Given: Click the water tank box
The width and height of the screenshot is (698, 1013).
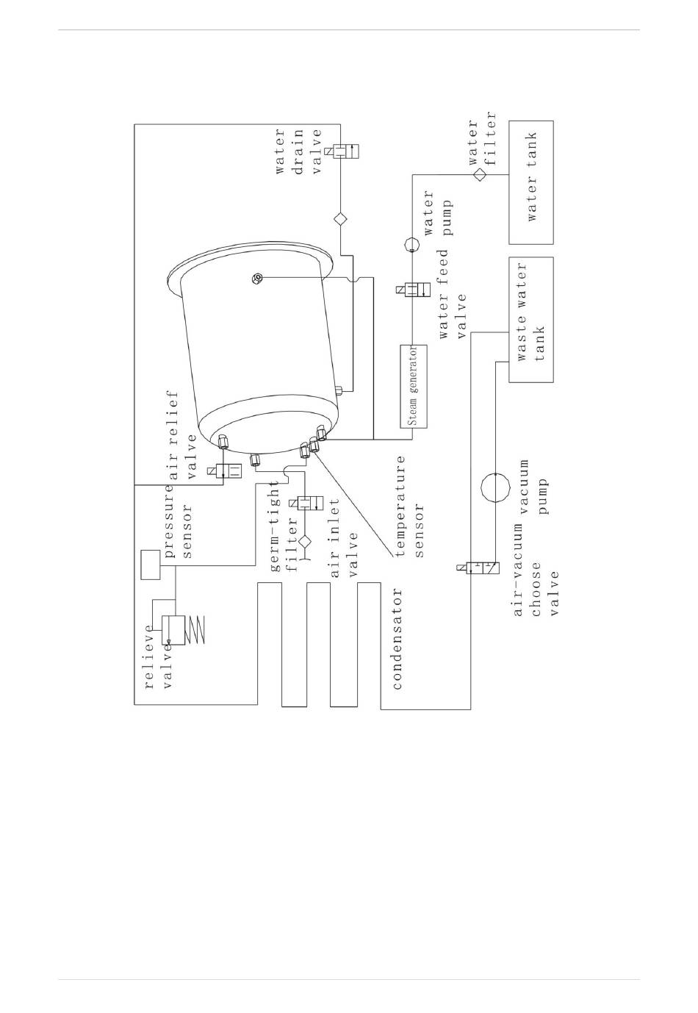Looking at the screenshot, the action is click(x=530, y=182).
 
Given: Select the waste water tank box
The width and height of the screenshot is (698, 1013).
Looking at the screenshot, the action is click(x=530, y=320).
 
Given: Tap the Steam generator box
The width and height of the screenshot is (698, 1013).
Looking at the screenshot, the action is click(x=413, y=386).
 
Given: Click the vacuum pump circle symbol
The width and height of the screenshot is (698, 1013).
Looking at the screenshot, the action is click(x=495, y=487).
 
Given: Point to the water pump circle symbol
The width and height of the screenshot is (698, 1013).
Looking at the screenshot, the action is click(x=412, y=244).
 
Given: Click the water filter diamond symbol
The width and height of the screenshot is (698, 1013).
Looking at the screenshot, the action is click(x=480, y=174).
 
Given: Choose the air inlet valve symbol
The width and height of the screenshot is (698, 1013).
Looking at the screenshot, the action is click(x=306, y=503).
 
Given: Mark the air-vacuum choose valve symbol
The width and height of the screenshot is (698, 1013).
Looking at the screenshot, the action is click(x=479, y=568).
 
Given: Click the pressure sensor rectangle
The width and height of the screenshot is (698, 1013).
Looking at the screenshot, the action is click(x=151, y=565).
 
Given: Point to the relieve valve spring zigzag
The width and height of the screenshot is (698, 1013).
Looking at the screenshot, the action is click(x=195, y=629).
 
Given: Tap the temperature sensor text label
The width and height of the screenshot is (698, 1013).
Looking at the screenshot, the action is click(x=410, y=506).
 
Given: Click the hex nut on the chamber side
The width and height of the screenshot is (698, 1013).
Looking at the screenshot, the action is click(x=257, y=279).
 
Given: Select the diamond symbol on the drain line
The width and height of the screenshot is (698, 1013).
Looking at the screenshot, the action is click(x=340, y=219).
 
